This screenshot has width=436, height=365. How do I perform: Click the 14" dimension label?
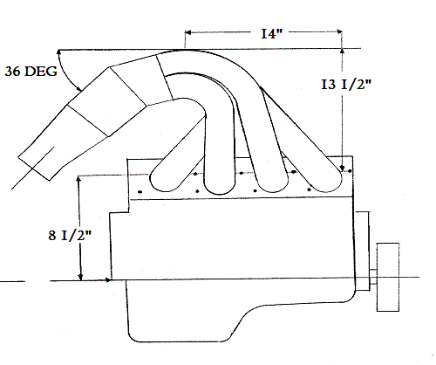coord(271,34)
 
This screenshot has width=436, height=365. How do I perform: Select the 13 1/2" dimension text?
coord(346,85)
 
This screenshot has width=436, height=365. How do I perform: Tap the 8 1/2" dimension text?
coord(70,235)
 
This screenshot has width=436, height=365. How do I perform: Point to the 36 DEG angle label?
coord(31,72)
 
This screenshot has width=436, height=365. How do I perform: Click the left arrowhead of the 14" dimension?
coord(187,32)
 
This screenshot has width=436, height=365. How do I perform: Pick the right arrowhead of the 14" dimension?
coord(339,31)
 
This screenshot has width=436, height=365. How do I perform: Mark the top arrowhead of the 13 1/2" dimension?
coord(342,52)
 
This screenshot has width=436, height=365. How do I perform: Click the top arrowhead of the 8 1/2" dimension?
coord(78,179)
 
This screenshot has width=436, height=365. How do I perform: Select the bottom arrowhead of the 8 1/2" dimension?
coord(81,278)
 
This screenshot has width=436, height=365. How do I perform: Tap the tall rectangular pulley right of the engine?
coord(388,277)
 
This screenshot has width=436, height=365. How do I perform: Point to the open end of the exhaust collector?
coord(34,169)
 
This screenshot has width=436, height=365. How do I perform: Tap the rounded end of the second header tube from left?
coord(220,185)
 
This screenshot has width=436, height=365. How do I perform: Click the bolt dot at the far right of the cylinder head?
coord(350,171)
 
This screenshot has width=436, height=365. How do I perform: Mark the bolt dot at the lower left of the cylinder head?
coord(140,192)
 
